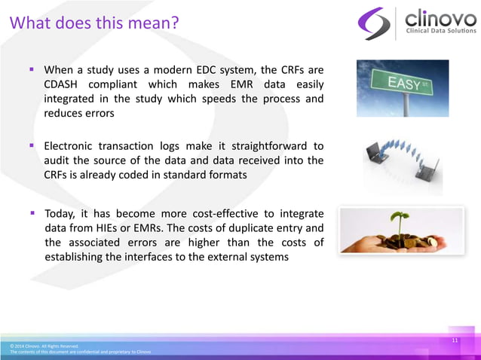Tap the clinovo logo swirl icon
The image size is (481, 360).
[x=374, y=23]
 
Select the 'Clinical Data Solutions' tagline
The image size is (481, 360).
[x=441, y=32]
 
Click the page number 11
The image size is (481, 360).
[x=455, y=341]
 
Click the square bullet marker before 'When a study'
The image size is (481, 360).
[x=32, y=69]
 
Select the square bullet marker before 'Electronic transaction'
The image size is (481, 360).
[x=32, y=145]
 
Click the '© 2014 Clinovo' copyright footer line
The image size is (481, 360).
[x=44, y=346]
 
